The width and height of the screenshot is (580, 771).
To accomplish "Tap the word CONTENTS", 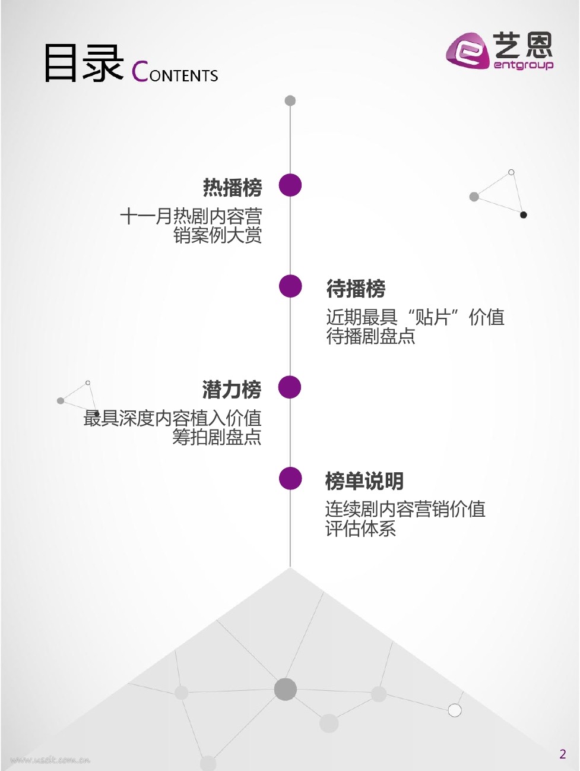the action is [175, 72].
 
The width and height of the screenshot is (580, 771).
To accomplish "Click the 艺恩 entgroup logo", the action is [499, 51].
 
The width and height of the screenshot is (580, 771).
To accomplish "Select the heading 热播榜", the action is [232, 188].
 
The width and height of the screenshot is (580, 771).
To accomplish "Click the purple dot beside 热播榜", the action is [290, 185].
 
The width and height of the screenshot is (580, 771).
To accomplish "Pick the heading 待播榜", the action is [356, 289].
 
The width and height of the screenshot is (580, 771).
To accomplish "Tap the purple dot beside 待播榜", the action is [290, 286].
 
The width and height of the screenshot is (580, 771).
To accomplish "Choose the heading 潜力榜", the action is [232, 390].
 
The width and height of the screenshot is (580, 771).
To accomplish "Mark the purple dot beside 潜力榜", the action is [290, 387].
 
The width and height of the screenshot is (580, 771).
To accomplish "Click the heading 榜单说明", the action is [365, 481].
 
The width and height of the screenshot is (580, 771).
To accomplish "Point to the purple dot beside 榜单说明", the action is [290, 479].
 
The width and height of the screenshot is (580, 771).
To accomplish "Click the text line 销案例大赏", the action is [217, 236].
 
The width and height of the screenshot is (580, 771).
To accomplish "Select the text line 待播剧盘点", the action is [370, 337].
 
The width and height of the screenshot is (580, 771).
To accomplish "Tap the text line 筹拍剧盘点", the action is [217, 438].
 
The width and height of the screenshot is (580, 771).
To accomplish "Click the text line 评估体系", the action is [360, 529].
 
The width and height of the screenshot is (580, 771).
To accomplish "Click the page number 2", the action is [563, 754].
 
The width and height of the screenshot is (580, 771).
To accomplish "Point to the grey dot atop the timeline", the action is [290, 100].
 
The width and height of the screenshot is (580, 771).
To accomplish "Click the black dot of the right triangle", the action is [524, 215].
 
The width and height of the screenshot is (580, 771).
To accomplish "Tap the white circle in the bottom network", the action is [455, 710].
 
